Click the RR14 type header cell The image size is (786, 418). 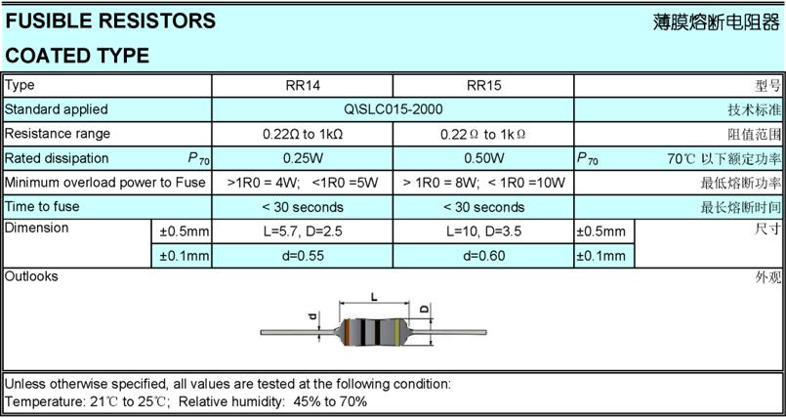pyautogui.click(x=303, y=85)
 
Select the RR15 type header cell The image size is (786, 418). pyautogui.click(x=483, y=85)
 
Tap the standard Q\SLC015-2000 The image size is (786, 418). pyautogui.click(x=393, y=109)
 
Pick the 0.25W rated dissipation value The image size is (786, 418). pyautogui.click(x=303, y=158)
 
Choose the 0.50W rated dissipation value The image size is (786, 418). pyautogui.click(x=483, y=158)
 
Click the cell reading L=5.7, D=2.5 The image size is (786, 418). pyautogui.click(x=303, y=231)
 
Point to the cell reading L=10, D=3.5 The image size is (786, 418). pyautogui.click(x=483, y=231)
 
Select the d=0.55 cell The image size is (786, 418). pyautogui.click(x=303, y=256)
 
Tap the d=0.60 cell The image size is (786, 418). pyautogui.click(x=483, y=256)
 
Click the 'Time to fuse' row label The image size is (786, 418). pyautogui.click(x=42, y=206)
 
